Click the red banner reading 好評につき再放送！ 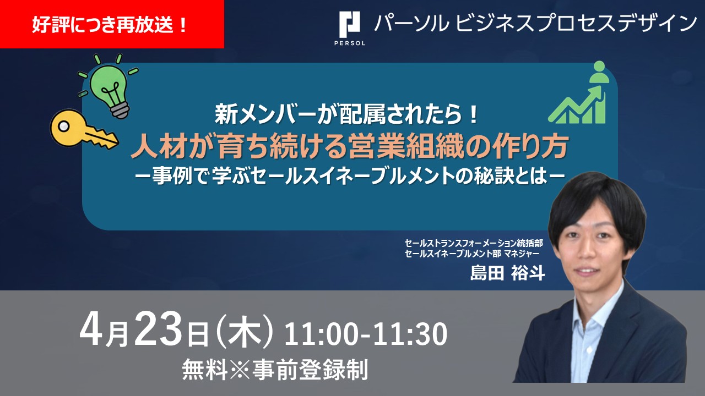112,25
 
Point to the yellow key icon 83,128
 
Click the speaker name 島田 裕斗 507,272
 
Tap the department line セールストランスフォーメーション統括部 474,242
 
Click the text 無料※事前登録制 275,371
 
